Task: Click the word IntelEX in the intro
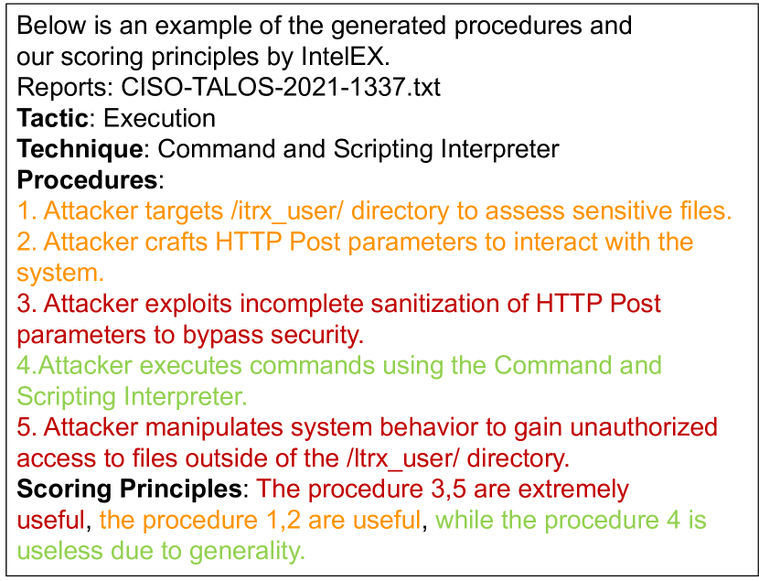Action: click(345, 56)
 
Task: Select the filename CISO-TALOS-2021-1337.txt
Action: click(280, 87)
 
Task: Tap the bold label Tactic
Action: click(52, 118)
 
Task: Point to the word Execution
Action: click(159, 118)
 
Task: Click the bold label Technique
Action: click(80, 149)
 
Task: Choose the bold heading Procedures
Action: click(87, 180)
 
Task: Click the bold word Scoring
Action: click(64, 489)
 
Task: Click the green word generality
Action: click(246, 551)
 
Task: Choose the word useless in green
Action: click(59, 551)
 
